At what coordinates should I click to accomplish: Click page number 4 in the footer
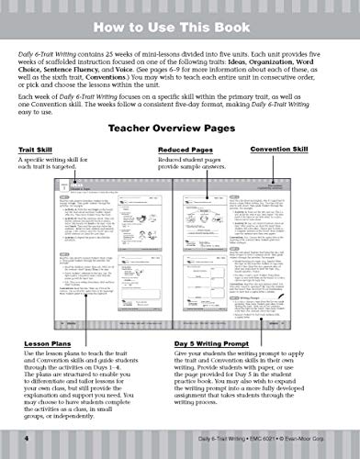[17, 443]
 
